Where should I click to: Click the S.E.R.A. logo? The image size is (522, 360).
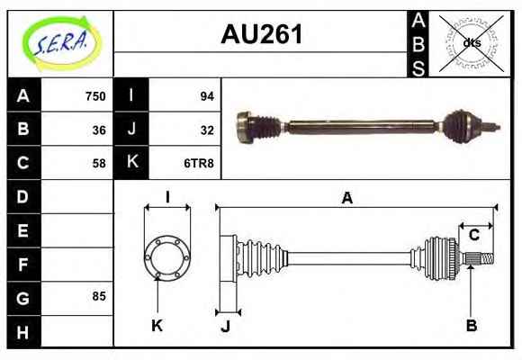61,43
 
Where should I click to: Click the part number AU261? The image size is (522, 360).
262,34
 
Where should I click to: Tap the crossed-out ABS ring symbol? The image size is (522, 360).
471,43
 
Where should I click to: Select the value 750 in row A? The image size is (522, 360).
95,96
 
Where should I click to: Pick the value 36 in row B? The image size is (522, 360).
99,130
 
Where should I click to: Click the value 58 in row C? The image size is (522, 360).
99,164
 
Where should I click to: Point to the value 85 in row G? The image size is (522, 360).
99,296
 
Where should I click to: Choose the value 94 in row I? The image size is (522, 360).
207,96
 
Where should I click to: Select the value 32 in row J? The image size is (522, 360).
207,130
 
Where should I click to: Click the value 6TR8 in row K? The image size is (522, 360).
199,164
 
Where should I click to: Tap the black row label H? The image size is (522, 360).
23,332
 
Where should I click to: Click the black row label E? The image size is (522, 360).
23,230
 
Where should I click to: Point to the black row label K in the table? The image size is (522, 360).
131,162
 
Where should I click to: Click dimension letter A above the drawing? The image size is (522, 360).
346,198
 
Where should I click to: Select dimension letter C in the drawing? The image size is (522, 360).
473,235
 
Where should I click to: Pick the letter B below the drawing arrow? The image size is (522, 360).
472,325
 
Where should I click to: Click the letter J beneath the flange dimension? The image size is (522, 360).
226,327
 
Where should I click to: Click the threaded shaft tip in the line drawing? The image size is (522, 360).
488,259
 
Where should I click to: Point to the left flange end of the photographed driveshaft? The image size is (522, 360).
244,127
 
